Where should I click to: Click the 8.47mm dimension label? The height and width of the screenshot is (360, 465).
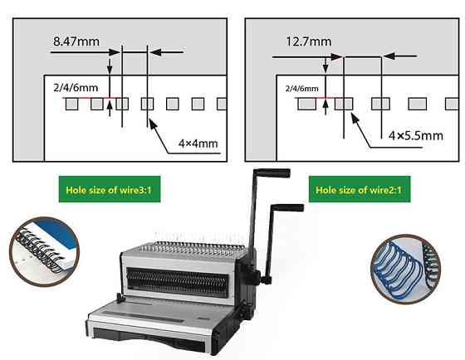[x=76, y=41]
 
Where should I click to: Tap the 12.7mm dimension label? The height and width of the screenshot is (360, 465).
[x=308, y=41]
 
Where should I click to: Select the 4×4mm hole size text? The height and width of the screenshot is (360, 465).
[x=198, y=144]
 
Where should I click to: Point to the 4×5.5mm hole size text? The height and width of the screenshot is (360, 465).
[x=416, y=136]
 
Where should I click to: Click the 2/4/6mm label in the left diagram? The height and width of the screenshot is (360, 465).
[x=76, y=88]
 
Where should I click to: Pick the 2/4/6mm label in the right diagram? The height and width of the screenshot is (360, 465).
[x=302, y=89]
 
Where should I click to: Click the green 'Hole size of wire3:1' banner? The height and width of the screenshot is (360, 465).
[x=110, y=189]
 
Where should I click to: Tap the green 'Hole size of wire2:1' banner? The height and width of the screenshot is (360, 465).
[x=360, y=189]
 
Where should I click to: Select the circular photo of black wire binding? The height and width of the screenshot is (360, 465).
[x=44, y=252]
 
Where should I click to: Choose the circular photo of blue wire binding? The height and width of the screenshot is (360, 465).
[x=405, y=269]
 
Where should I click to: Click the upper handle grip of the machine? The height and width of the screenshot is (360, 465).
[x=273, y=173]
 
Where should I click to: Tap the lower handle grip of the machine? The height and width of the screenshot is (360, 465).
[x=287, y=207]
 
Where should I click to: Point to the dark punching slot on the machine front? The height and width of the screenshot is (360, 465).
[x=178, y=281]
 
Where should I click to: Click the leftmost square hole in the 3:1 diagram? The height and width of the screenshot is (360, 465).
[x=71, y=104]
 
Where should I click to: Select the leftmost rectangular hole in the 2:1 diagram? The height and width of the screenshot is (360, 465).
[x=306, y=104]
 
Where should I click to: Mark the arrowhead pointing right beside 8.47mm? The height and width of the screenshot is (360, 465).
[x=115, y=52]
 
